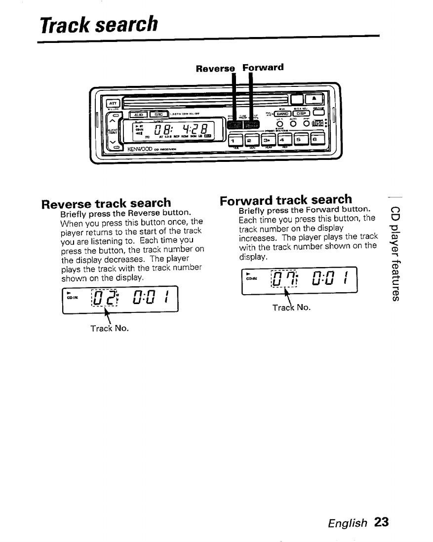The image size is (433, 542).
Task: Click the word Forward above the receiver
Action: click(x=263, y=67)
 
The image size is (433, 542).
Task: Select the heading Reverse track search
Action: click(x=107, y=203)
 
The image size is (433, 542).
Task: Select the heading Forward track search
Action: click(x=286, y=200)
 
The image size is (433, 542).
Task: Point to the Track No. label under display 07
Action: click(x=291, y=307)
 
